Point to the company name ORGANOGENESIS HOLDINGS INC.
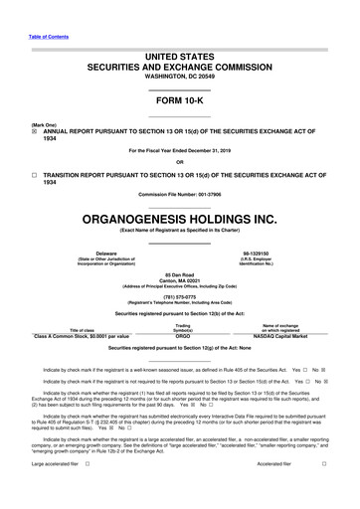(179, 216)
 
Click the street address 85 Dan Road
(179, 274)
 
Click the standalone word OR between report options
(179, 163)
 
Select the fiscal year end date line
(179, 150)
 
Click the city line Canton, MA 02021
(179, 280)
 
